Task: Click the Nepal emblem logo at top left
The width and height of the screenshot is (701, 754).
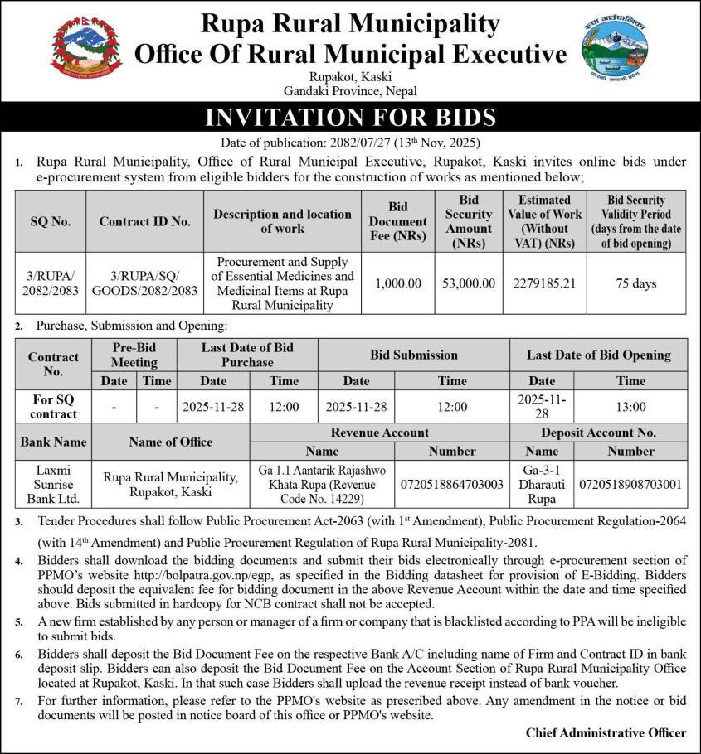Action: pos(86,49)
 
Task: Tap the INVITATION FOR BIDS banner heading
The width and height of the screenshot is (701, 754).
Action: pos(350,117)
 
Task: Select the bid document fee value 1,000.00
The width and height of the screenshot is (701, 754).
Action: pos(398,283)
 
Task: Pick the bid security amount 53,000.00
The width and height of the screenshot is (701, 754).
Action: pos(469,283)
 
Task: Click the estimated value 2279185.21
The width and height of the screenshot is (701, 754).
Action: pos(544,283)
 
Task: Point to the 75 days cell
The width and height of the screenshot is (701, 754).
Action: pos(636,283)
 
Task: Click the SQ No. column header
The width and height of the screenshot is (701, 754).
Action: pos(51,221)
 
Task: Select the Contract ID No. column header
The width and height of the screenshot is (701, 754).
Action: pos(145,221)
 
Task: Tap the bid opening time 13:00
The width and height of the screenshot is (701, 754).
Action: pos(630,407)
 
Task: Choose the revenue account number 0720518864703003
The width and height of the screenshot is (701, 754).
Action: pos(452,484)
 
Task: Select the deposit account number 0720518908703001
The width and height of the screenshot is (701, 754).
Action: pos(630,484)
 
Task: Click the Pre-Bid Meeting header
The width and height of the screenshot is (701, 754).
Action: pos(134,355)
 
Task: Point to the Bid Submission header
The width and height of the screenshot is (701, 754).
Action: pos(413,355)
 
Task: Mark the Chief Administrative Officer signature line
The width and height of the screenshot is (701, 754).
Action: pos(606,732)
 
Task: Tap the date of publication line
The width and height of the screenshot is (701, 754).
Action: pos(350,142)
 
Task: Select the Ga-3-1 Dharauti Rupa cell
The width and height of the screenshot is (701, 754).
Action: pos(542,484)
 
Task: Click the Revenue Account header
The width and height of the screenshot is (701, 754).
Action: pos(380,433)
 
